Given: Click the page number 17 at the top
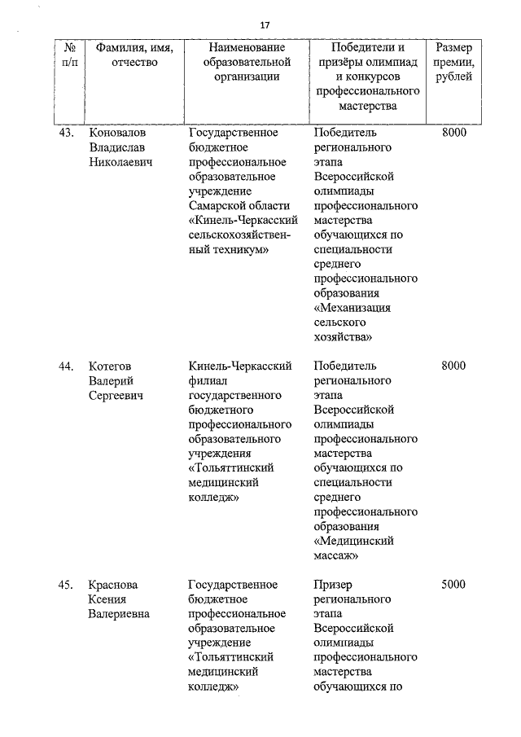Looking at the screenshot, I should click(x=265, y=26).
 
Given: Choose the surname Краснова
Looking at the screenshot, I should click(x=114, y=585).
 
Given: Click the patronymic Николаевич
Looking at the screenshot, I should click(x=122, y=162).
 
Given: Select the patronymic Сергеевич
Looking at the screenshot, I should click(x=116, y=395).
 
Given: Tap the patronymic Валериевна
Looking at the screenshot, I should click(x=119, y=614).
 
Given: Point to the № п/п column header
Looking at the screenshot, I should click(x=70, y=55).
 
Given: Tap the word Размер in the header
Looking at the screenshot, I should click(x=453, y=48).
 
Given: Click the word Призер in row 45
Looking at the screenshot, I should click(x=334, y=585).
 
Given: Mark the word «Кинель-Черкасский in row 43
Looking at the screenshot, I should click(x=242, y=221).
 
